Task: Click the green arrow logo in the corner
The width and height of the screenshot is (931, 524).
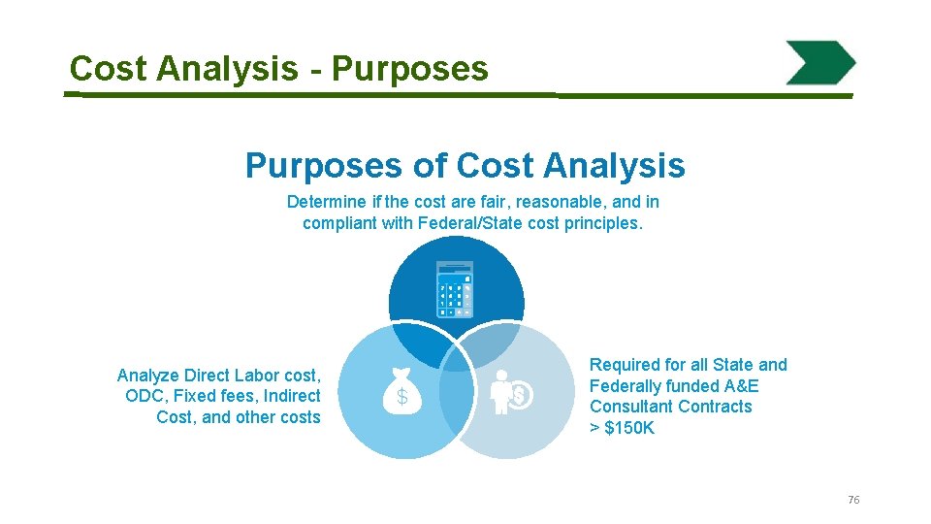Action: pyautogui.click(x=820, y=63)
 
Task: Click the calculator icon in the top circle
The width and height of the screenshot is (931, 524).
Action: pyautogui.click(x=455, y=289)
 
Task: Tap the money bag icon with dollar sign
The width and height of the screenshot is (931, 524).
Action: pyautogui.click(x=401, y=391)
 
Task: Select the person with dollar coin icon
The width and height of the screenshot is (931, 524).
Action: pyautogui.click(x=509, y=391)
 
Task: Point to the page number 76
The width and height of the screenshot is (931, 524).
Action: pyautogui.click(x=853, y=500)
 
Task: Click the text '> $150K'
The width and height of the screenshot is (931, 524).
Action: pyautogui.click(x=622, y=428)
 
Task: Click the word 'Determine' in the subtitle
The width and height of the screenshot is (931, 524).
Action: pyautogui.click(x=322, y=202)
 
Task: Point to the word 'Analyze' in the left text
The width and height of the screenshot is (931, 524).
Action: pyautogui.click(x=148, y=375)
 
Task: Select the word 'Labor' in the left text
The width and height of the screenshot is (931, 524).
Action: pyautogui.click(x=253, y=375)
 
